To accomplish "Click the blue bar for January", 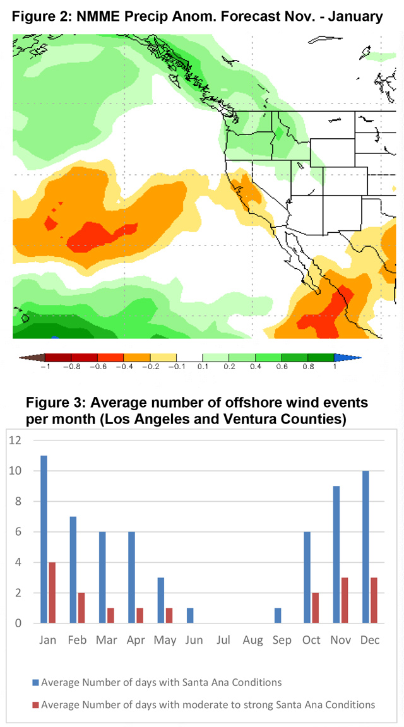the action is [x=44, y=539].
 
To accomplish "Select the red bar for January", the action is [x=52, y=593].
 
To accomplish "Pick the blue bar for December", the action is [x=367, y=547].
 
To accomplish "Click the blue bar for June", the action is [x=191, y=616].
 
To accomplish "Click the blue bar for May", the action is [x=162, y=600].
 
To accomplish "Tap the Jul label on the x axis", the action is [x=223, y=640].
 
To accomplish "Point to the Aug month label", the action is [x=252, y=641].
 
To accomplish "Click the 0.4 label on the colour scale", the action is [x=255, y=366].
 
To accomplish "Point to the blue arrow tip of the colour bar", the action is [x=360, y=357].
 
